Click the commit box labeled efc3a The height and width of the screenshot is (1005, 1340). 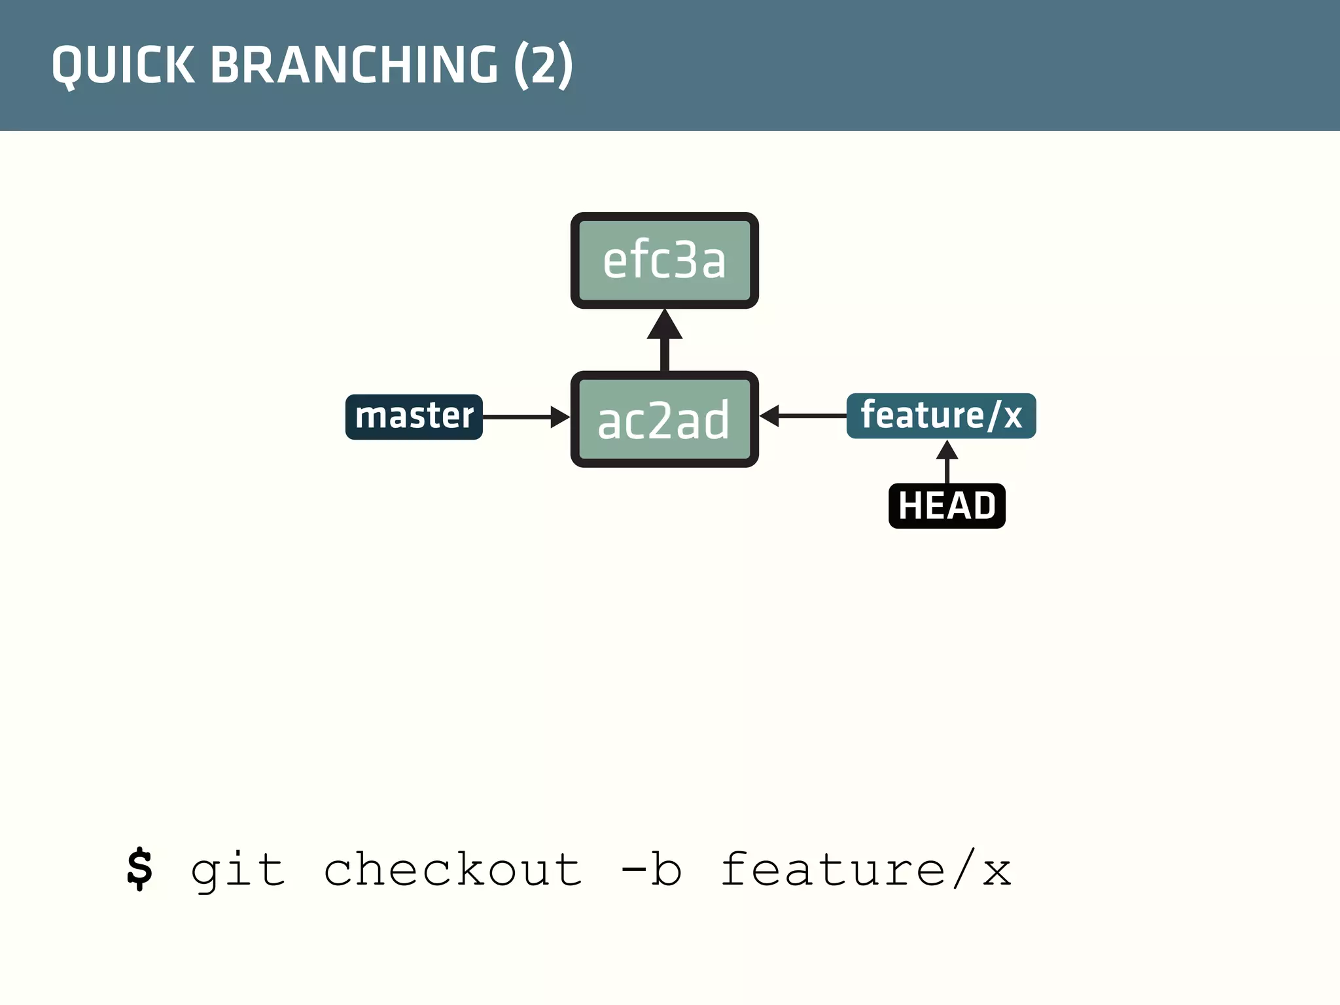click(x=664, y=260)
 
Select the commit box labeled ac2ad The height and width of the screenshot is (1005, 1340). click(x=664, y=419)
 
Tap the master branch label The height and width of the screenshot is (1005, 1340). click(x=414, y=417)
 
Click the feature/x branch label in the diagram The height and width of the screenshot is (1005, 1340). click(x=941, y=415)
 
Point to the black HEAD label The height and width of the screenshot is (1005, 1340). click(x=947, y=506)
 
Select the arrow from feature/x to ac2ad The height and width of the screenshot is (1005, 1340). click(x=803, y=415)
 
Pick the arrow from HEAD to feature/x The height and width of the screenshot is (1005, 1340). click(x=947, y=461)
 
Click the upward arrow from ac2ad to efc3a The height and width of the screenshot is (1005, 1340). click(x=664, y=340)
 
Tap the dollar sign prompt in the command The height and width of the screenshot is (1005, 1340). click(x=139, y=870)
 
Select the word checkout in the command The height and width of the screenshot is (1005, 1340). click(x=453, y=870)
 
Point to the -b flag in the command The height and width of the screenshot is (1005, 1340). click(x=651, y=870)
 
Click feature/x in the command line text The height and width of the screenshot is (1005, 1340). click(x=866, y=870)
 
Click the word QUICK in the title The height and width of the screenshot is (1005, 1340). click(x=124, y=65)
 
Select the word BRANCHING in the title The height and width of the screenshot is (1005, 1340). click(x=354, y=65)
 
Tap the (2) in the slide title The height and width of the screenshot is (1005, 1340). click(x=543, y=65)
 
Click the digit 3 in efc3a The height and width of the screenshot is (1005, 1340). click(x=685, y=260)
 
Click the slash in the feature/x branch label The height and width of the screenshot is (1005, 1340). click(x=994, y=415)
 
